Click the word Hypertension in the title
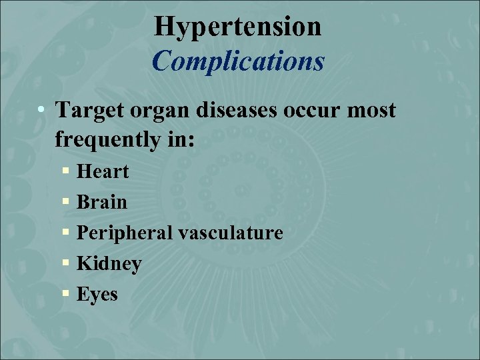pyautogui.click(x=237, y=27)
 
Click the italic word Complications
pyautogui.click(x=238, y=61)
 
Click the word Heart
pyautogui.click(x=103, y=171)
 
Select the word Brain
pyautogui.click(x=101, y=202)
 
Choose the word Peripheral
pyautogui.click(x=123, y=233)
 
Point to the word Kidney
pyautogui.click(x=109, y=264)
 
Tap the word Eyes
pyautogui.click(x=97, y=295)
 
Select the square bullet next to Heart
pyautogui.click(x=65, y=172)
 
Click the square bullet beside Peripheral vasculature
pyautogui.click(x=65, y=233)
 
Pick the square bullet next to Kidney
pyautogui.click(x=65, y=264)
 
